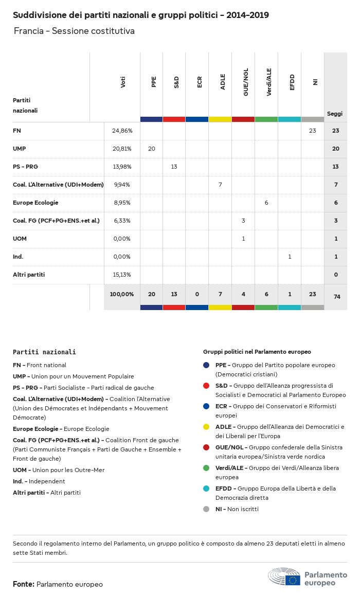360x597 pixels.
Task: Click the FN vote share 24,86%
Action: click(x=122, y=131)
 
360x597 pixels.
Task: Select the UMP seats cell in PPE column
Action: click(x=151, y=149)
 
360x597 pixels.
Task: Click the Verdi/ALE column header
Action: click(x=269, y=83)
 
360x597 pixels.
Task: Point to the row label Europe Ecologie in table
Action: click(x=35, y=203)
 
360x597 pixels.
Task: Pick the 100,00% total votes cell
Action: click(x=122, y=294)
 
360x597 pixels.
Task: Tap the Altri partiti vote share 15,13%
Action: click(x=122, y=275)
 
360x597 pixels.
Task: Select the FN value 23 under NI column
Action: click(x=312, y=131)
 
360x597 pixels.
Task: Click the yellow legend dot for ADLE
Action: click(x=206, y=427)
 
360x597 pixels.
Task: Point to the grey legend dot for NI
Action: click(x=206, y=509)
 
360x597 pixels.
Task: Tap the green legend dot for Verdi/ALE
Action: click(x=206, y=468)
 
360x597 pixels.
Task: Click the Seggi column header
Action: click(x=335, y=114)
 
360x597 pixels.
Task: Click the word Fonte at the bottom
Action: click(x=24, y=584)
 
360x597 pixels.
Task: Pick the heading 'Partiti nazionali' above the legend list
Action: click(x=44, y=352)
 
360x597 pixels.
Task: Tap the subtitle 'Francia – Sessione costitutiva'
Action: click(x=74, y=31)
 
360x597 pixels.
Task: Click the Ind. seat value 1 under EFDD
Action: click(x=290, y=257)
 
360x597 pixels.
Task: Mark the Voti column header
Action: click(x=123, y=82)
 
